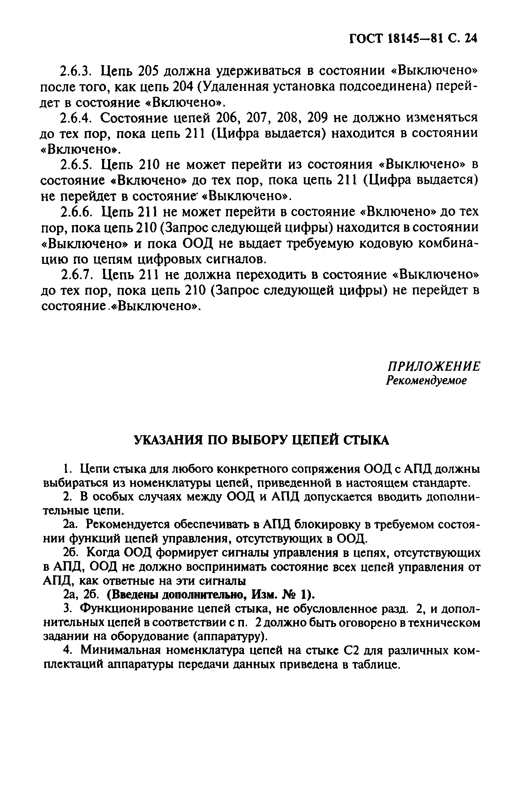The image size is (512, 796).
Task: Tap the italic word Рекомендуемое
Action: (426, 381)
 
